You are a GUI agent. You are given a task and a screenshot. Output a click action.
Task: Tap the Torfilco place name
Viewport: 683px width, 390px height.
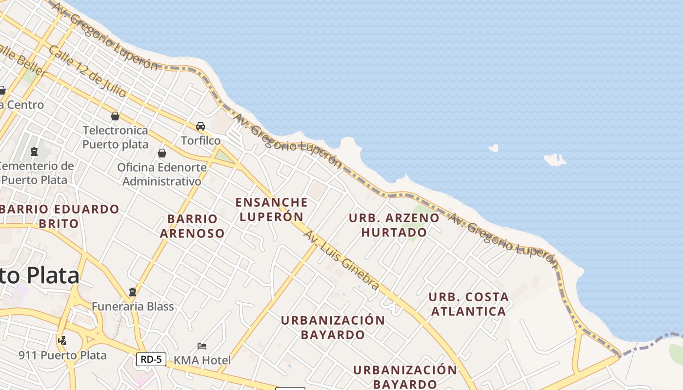pyautogui.click(x=201, y=140)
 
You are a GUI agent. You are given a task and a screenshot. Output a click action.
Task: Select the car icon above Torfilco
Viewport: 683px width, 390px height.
pyautogui.click(x=201, y=126)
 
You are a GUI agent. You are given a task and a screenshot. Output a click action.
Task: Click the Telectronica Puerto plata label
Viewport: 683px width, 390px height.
pyautogui.click(x=115, y=137)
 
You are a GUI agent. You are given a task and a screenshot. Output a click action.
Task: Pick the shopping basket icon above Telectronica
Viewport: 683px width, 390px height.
pyautogui.click(x=115, y=116)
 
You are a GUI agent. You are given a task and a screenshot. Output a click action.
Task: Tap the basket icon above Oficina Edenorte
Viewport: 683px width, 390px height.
pyautogui.click(x=162, y=153)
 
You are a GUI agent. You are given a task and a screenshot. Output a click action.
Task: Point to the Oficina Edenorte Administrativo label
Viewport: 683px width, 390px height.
pyautogui.click(x=161, y=175)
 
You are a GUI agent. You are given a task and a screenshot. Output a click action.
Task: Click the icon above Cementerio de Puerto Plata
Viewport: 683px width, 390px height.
pyautogui.click(x=34, y=152)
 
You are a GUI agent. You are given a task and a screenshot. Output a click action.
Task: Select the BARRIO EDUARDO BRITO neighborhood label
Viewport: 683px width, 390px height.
pyautogui.click(x=59, y=216)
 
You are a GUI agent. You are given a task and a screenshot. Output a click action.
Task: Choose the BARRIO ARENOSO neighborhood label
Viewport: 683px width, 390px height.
pyautogui.click(x=192, y=226)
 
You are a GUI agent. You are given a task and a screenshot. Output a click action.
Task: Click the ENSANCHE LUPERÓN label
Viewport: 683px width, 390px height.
pyautogui.click(x=271, y=209)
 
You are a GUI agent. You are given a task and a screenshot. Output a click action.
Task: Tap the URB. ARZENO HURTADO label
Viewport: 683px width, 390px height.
pyautogui.click(x=394, y=225)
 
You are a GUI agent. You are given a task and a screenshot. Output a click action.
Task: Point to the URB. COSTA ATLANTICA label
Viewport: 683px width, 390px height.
pyautogui.click(x=468, y=304)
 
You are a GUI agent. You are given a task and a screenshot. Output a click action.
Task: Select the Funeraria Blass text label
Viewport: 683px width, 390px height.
pyautogui.click(x=133, y=307)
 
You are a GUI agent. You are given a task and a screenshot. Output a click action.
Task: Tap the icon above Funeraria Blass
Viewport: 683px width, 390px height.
pyautogui.click(x=132, y=292)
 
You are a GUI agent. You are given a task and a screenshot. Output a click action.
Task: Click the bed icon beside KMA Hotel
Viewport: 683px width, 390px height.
pyautogui.click(x=202, y=346)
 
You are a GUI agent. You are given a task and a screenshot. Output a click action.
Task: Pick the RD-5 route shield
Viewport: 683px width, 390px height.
pyautogui.click(x=151, y=359)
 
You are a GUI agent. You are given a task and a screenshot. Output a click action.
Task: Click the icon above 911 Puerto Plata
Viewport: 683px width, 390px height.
pyautogui.click(x=62, y=341)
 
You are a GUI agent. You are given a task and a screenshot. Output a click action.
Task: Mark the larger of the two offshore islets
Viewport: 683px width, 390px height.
pyautogui.click(x=555, y=159)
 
